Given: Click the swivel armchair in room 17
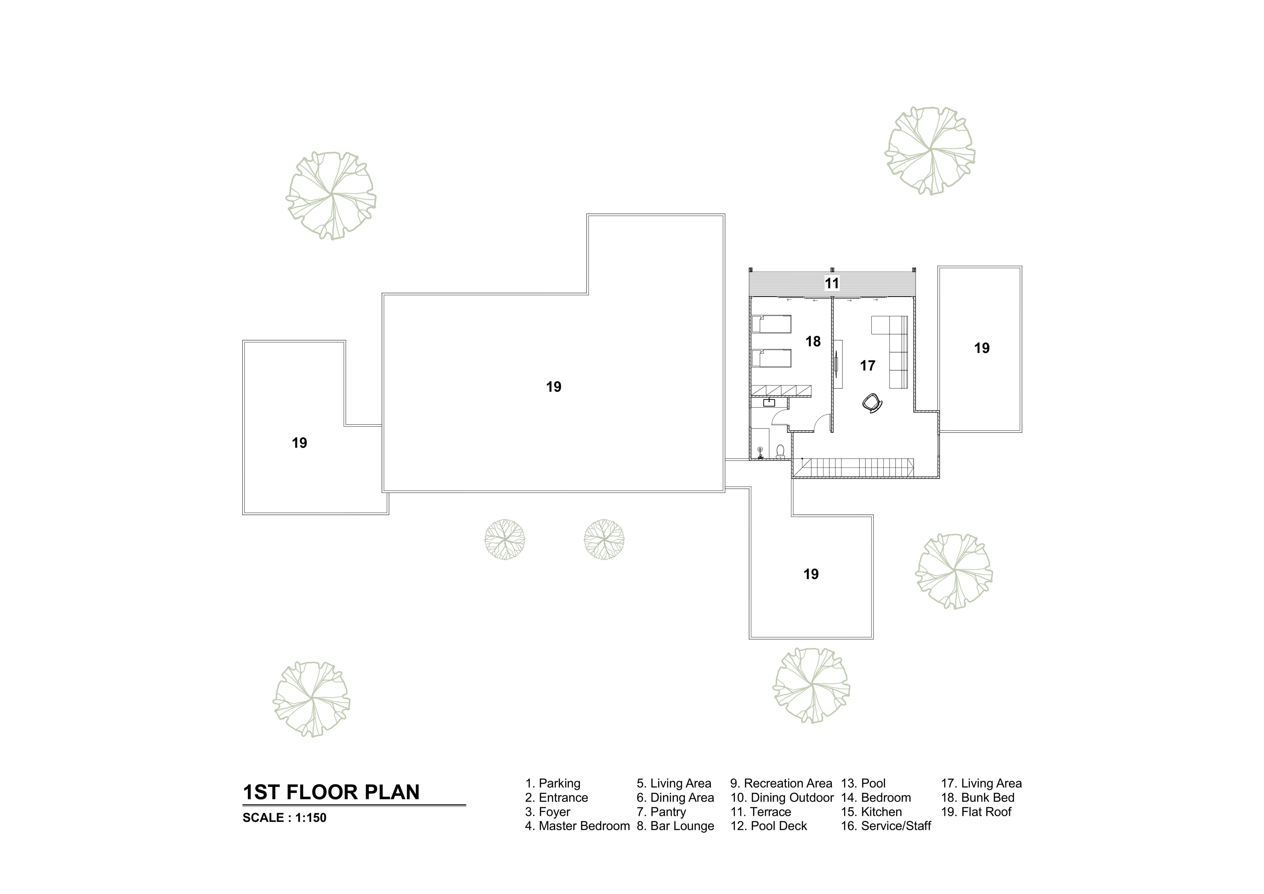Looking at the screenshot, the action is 873,403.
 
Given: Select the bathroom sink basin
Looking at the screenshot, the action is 769,403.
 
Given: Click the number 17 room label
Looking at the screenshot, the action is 868,366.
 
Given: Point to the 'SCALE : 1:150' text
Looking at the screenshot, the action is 285,818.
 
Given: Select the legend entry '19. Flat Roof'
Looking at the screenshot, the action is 976,812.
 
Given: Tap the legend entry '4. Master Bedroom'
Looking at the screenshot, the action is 577,826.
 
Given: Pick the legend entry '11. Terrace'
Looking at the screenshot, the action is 761,812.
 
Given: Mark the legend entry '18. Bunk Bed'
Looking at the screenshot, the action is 978,798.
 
